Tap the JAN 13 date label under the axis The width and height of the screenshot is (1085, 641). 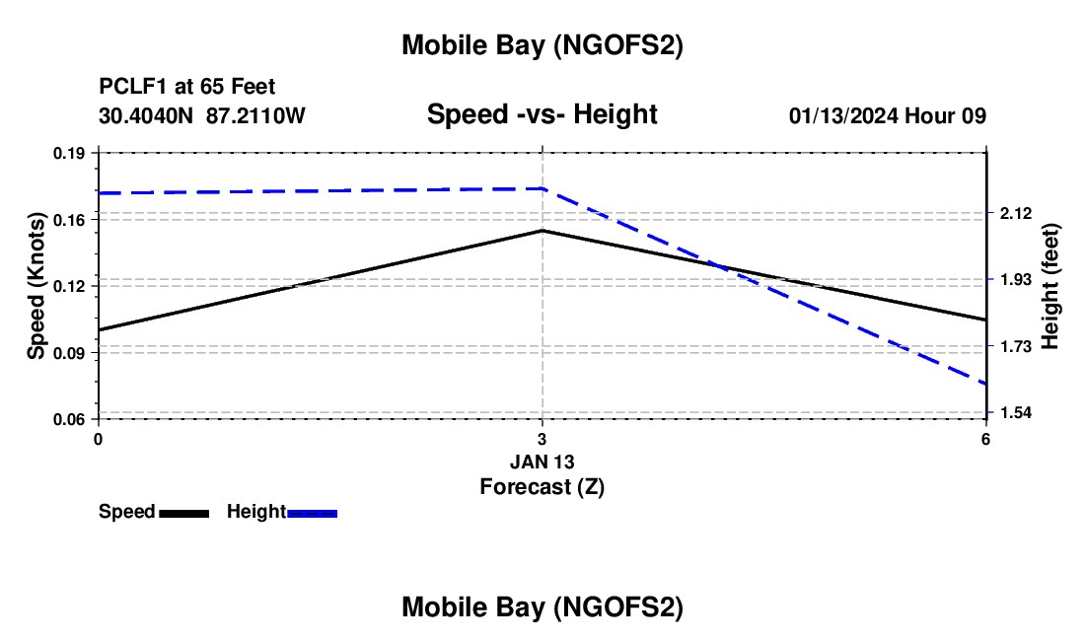tap(542, 462)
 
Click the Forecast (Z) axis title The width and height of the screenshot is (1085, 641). tap(542, 486)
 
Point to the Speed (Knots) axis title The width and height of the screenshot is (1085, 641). tap(36, 286)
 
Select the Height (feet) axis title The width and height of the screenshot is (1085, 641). tap(1049, 286)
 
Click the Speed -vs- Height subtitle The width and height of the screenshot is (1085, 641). tap(542, 114)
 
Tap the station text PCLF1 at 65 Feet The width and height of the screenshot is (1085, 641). tap(187, 87)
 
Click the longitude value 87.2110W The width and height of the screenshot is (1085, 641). tap(256, 115)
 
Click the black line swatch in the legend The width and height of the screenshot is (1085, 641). tap(183, 512)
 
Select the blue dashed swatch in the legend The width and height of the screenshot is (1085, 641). tap(313, 512)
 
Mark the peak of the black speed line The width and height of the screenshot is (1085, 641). tap(542, 231)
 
